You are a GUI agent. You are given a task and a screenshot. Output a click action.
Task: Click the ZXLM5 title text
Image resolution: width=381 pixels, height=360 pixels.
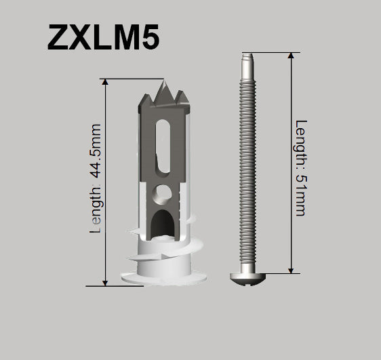(103, 38)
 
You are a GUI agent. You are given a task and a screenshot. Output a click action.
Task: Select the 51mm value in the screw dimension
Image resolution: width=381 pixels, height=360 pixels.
(301, 197)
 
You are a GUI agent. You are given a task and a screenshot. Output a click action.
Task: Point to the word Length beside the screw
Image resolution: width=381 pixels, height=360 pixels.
(301, 145)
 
